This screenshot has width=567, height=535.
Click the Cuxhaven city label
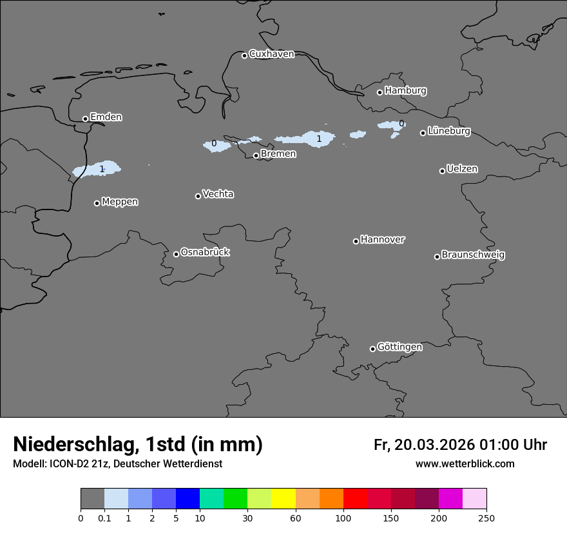tap(271, 54)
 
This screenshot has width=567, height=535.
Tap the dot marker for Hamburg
tap(380, 92)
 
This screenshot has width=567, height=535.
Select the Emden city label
tap(106, 117)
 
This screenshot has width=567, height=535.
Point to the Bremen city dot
tap(256, 155)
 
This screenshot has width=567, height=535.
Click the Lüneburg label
tap(448, 131)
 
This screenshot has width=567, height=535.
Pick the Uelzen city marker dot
tap(442, 171)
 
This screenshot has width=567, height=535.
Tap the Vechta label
tap(218, 194)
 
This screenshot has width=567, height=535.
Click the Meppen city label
tap(120, 202)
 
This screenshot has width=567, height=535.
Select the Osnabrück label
tap(205, 252)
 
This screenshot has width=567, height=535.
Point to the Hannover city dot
tap(356, 241)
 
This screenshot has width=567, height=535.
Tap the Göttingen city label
tap(399, 347)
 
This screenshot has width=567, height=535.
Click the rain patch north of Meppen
tap(97, 170)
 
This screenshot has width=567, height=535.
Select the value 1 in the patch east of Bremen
tap(319, 139)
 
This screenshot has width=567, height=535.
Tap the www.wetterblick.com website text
tap(465, 464)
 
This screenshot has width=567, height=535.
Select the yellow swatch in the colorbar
tap(283, 499)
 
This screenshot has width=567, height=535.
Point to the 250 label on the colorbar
tap(486, 518)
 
